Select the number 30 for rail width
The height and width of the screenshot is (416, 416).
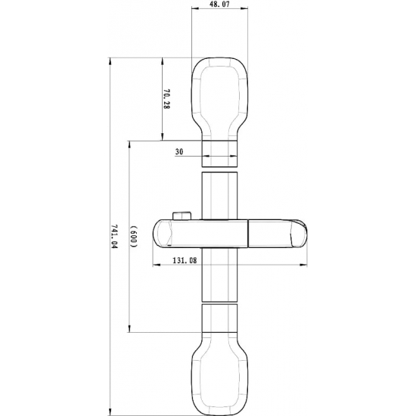click(x=179, y=152)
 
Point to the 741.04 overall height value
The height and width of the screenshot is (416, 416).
click(x=114, y=236)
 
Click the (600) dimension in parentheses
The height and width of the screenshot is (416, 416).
click(x=133, y=236)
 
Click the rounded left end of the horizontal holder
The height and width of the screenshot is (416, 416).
click(x=160, y=233)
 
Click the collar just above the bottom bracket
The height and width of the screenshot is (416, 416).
click(x=220, y=318)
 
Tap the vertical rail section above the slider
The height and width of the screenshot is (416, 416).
click(x=220, y=194)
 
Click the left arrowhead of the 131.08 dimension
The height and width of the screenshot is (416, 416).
click(x=155, y=265)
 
